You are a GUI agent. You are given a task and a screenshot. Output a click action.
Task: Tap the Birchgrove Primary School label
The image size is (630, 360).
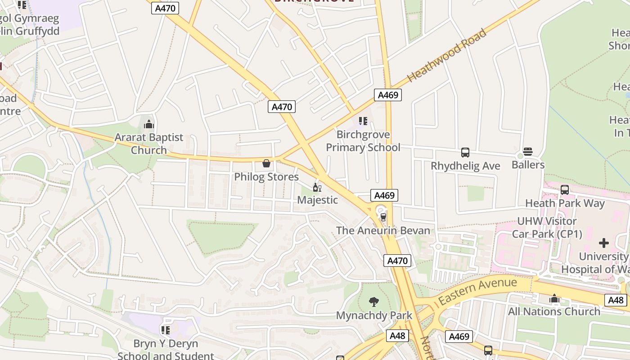[363, 141]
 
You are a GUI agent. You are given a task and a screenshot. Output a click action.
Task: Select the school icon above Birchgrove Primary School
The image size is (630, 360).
[363, 121]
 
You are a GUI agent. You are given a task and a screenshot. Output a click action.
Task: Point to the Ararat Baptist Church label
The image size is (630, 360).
[149, 144]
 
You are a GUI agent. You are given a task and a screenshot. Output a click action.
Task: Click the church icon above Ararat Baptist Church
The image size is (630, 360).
[149, 124]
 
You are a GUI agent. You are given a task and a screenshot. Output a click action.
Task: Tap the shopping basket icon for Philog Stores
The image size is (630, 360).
[266, 163]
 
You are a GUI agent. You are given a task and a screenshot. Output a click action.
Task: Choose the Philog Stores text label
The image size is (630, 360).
[266, 177]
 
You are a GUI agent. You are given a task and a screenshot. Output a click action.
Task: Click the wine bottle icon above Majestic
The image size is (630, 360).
[317, 187]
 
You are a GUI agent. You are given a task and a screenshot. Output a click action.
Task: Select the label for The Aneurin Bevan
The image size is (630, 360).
[383, 231]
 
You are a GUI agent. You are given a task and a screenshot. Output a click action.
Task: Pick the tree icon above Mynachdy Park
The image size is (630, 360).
[374, 301]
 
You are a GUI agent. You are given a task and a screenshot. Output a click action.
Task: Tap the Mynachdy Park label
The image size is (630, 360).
[374, 315]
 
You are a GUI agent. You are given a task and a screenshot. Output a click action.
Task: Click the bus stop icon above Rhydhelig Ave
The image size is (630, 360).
[465, 153]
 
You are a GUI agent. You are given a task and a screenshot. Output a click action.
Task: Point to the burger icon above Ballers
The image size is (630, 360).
[528, 152]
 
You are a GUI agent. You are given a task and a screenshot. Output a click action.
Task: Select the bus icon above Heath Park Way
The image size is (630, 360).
[565, 190]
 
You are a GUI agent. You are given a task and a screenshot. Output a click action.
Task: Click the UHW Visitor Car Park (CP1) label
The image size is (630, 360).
[547, 228]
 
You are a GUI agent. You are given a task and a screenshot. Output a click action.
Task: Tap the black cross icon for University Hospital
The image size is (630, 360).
[604, 243]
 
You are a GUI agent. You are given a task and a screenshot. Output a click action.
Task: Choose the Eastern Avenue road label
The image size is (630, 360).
[477, 291]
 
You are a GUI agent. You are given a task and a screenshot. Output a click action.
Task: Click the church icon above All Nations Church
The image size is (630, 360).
[554, 299]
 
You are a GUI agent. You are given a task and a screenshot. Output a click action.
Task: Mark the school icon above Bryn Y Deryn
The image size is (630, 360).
[166, 330]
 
